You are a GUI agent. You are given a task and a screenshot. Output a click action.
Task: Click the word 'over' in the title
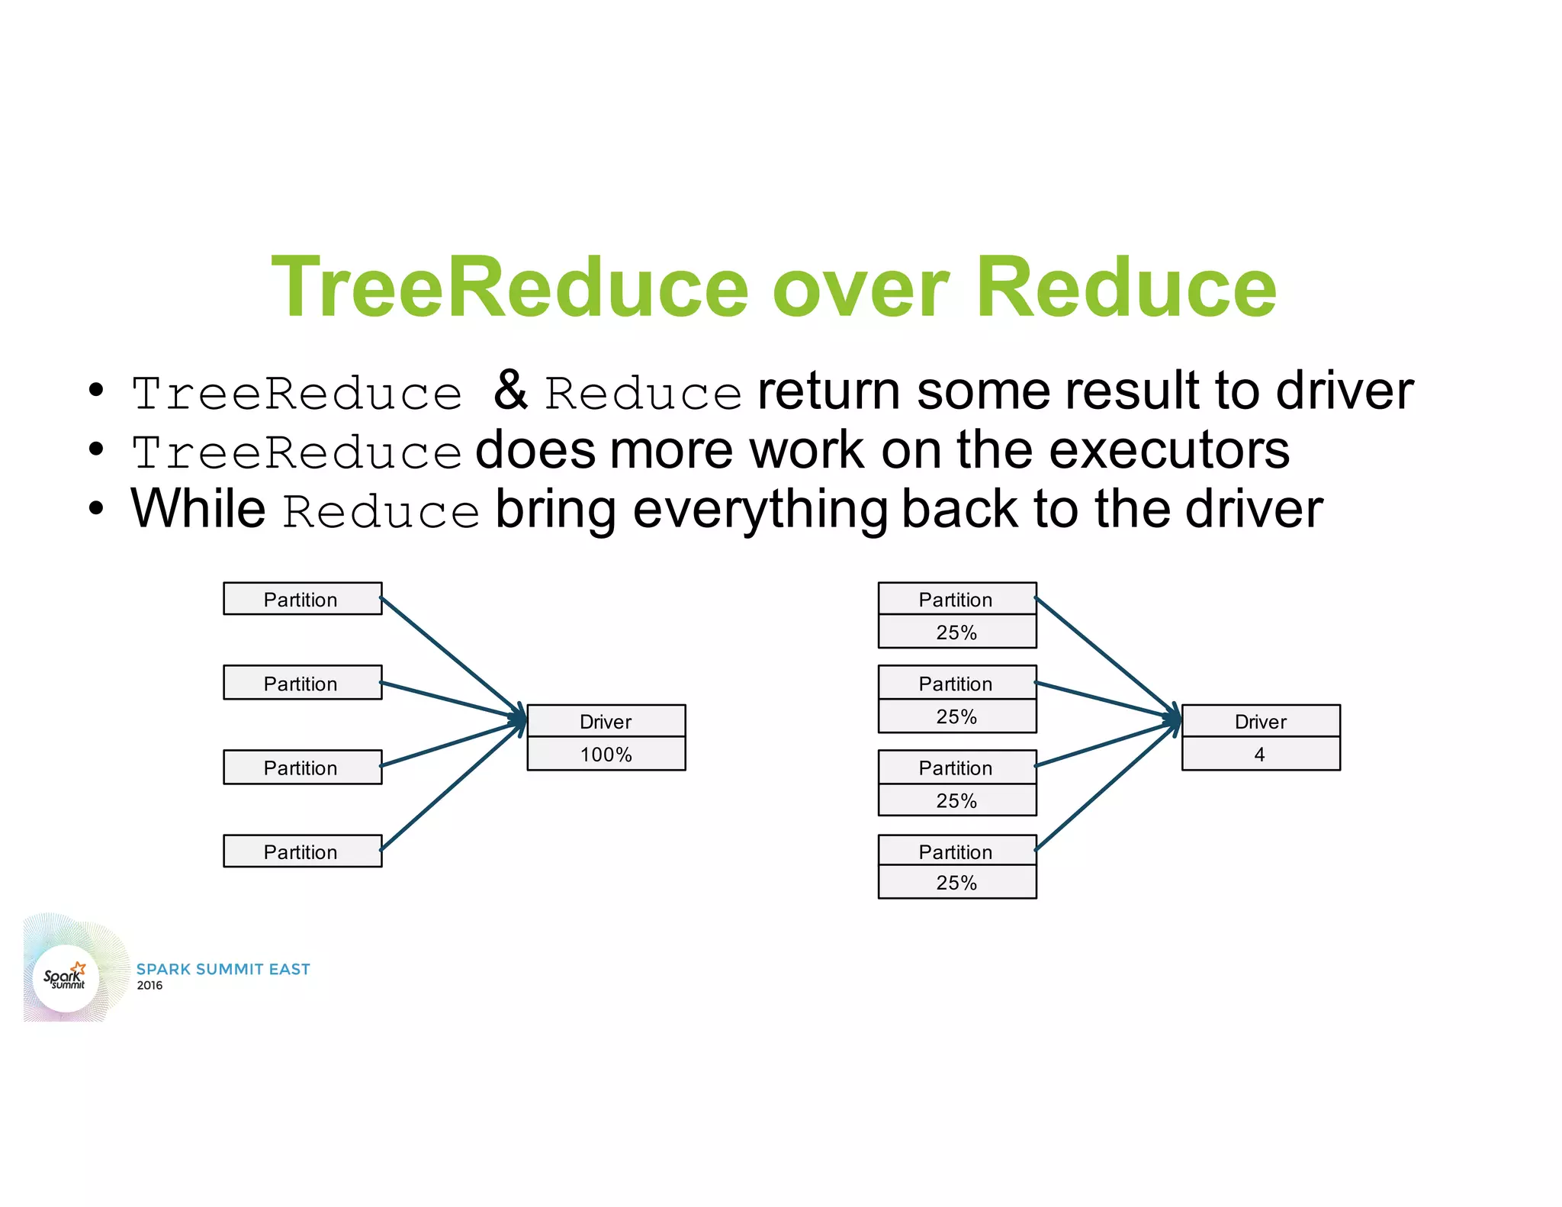pos(860,288)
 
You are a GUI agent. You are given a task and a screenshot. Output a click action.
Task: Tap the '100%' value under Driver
pos(606,755)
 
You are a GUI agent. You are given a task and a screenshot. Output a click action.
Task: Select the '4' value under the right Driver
pos(1260,755)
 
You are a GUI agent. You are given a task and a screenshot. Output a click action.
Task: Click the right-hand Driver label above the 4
pos(1260,722)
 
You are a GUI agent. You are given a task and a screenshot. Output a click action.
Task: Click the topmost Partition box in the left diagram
pos(302,599)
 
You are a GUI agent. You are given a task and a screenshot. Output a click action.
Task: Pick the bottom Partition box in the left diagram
pos(302,851)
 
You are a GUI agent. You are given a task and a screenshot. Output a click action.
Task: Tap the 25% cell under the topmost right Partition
pos(956,632)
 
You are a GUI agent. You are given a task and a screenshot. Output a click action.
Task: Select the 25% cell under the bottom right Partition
pos(956,883)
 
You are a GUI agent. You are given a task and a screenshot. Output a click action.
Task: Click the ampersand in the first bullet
pos(510,390)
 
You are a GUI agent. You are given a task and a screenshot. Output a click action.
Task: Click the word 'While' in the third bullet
pos(198,509)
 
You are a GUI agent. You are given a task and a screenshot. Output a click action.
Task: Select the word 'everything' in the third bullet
pos(760,510)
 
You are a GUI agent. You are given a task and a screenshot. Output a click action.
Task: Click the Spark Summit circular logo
pos(66,977)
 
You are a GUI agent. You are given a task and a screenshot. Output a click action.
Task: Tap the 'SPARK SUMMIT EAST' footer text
pos(223,969)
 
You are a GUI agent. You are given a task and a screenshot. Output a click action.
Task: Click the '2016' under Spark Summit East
pos(149,986)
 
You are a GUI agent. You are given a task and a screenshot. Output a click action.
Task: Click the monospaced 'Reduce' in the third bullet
pos(381,512)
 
